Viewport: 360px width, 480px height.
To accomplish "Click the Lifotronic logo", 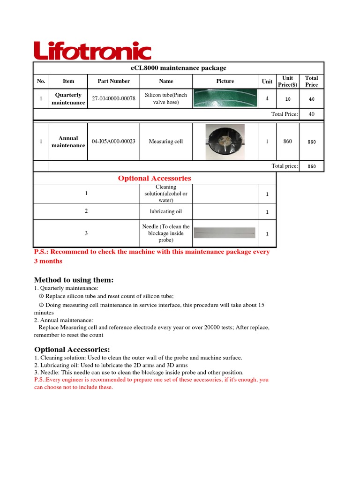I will point(92,51).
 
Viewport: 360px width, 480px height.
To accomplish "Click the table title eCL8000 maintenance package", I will point(178,68).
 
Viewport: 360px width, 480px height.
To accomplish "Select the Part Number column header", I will point(113,81).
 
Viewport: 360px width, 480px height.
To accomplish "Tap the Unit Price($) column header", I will point(287,81).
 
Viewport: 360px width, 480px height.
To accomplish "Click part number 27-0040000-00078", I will point(113,98).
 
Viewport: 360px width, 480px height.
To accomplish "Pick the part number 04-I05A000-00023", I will point(113,141).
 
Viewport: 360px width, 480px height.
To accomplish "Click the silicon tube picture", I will point(225,98).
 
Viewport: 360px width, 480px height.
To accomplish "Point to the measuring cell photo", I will point(225,142).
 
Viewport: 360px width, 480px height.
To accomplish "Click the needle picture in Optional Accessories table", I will point(225,233).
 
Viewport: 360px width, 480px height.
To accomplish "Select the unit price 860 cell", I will point(287,141).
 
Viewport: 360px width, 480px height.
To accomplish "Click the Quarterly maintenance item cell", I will point(68,98).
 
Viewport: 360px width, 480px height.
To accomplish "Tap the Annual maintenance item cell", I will point(68,142).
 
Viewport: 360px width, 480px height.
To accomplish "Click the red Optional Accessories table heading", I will point(154,178).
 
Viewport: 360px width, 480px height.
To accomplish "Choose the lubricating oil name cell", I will point(166,211).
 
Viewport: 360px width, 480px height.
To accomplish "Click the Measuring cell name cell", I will point(166,141).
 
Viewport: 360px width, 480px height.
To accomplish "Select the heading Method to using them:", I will point(74,280).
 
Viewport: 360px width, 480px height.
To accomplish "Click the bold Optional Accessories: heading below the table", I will point(72,350).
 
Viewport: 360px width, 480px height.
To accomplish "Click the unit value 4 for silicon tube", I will point(267,98).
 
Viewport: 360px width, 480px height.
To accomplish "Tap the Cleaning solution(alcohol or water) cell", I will point(166,194).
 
